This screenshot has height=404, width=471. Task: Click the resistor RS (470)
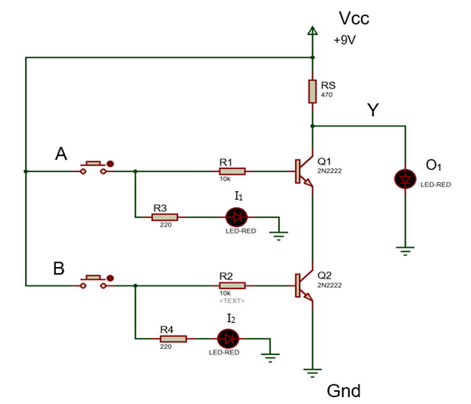click(x=312, y=91)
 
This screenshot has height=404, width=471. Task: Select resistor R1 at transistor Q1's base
click(x=232, y=171)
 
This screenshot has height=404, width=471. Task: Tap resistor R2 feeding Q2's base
click(x=232, y=285)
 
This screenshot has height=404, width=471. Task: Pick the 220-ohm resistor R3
click(x=165, y=217)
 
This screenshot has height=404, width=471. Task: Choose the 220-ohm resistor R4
click(x=173, y=339)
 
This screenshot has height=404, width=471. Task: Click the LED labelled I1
click(x=237, y=217)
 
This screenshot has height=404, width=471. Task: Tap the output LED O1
click(x=405, y=178)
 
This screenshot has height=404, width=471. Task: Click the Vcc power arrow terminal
click(x=312, y=31)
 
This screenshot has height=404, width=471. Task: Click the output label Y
click(x=373, y=111)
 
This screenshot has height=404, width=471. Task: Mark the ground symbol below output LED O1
click(x=405, y=251)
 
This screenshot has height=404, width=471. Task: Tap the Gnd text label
click(x=344, y=391)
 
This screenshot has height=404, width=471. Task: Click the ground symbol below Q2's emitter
click(x=312, y=372)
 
